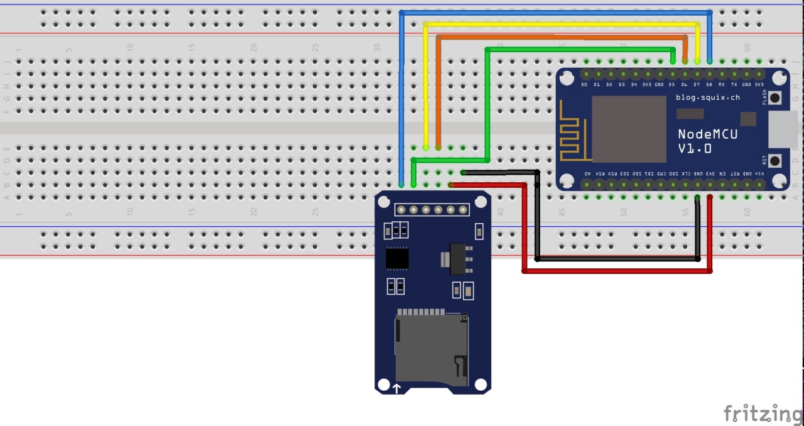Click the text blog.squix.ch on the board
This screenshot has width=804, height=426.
point(707,97)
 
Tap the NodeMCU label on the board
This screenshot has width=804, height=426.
point(707,134)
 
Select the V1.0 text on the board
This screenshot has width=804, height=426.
point(695,149)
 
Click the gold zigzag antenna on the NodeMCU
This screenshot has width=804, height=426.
point(573,139)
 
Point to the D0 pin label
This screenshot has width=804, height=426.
point(584,84)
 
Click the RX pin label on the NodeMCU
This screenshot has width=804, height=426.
point(722,84)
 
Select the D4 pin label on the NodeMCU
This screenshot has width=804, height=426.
point(634,84)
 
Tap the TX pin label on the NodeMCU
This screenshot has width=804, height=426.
point(734,84)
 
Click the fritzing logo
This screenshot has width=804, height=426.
point(762,413)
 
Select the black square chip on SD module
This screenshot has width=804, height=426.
point(397,258)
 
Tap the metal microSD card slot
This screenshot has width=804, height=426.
point(431,349)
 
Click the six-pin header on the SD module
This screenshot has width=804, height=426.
point(432,209)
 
